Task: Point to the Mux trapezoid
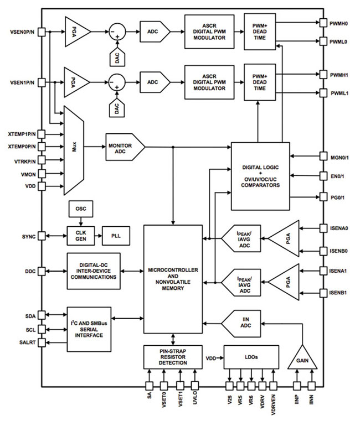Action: pos(74,149)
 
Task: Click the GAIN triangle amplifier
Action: pos(302,359)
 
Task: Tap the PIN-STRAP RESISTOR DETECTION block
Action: pos(174,357)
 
